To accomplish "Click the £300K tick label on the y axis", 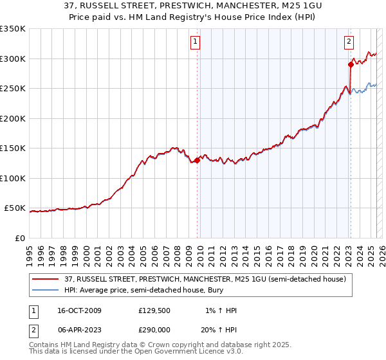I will [x=13, y=59].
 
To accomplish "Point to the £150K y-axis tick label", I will [x=13, y=148].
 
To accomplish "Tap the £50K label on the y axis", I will [x=15, y=208].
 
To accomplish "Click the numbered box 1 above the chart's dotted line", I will [x=195, y=42].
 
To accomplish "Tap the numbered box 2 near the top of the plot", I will [x=349, y=42].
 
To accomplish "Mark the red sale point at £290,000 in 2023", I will [x=351, y=64].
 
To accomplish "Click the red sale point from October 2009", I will [x=197, y=161].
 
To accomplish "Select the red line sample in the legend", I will [x=46, y=279].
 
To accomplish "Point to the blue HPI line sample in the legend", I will [x=46, y=290].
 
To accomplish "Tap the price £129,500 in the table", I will [x=153, y=310].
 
